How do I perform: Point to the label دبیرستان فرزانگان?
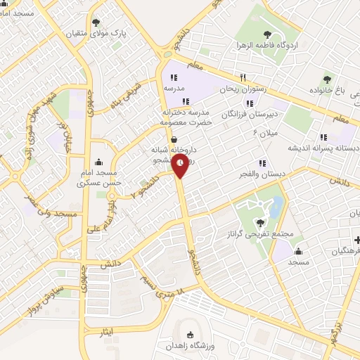[x=250, y=113]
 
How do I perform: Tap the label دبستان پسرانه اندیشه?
[x=323, y=149]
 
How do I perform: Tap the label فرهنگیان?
[x=344, y=250]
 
